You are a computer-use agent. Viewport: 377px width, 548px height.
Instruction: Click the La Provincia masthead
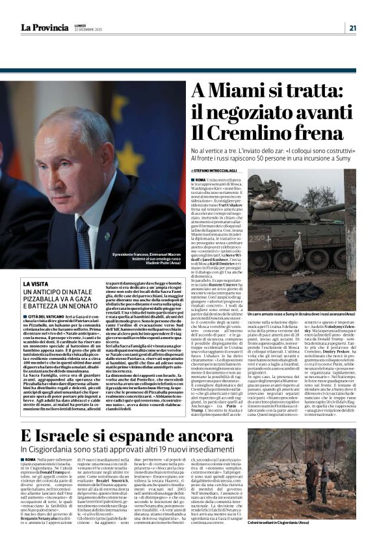point(45,27)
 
